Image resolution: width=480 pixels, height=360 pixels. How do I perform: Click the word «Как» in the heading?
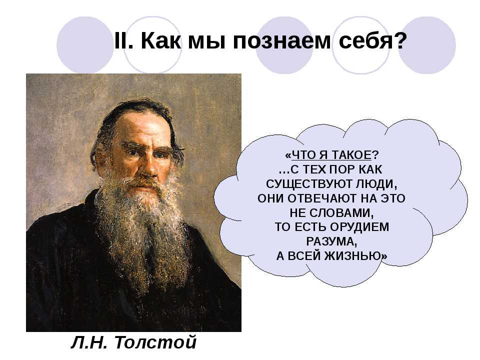160,40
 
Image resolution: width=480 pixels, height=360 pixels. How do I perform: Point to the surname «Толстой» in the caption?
155,342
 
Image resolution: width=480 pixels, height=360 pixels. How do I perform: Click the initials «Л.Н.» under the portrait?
89,342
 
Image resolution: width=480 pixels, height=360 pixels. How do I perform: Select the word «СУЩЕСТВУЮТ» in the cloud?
309,184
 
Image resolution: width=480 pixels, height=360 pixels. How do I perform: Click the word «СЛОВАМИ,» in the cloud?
341,213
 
